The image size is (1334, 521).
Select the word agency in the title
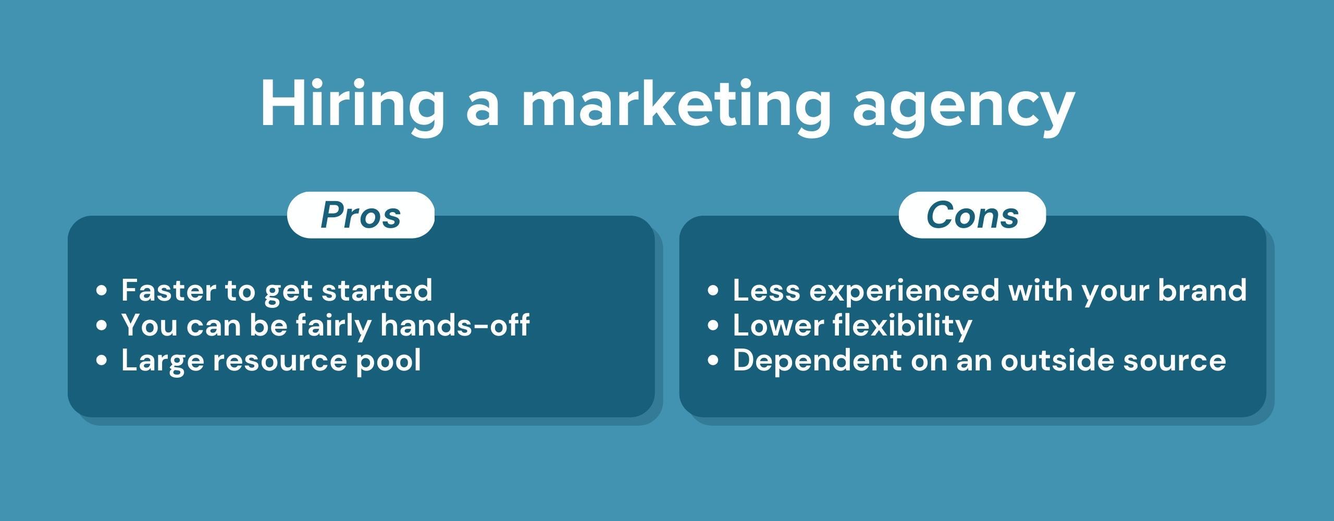pos(964,107)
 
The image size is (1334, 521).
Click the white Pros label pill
pos(361,215)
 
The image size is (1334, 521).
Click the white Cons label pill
pos(972,215)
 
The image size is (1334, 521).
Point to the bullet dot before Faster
pos(102,290)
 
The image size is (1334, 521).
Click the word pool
pos(388,361)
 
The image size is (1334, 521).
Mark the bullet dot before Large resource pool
pos(102,360)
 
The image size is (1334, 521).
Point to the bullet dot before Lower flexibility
pos(713,325)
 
